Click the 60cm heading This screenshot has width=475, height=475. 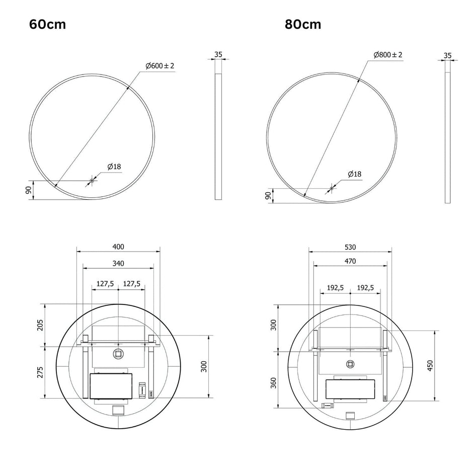[x=47, y=24]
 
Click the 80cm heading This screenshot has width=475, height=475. [x=303, y=24]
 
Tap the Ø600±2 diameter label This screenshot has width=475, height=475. [x=160, y=66]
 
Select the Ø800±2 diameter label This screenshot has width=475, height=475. [x=388, y=55]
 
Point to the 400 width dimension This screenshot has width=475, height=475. [x=118, y=247]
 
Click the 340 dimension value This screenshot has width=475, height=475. [x=118, y=264]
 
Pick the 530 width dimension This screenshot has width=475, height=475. [x=350, y=247]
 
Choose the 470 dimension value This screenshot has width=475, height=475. [x=350, y=261]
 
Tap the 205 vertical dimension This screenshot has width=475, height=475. [x=40, y=325]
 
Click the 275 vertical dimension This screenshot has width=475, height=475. [x=40, y=372]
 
